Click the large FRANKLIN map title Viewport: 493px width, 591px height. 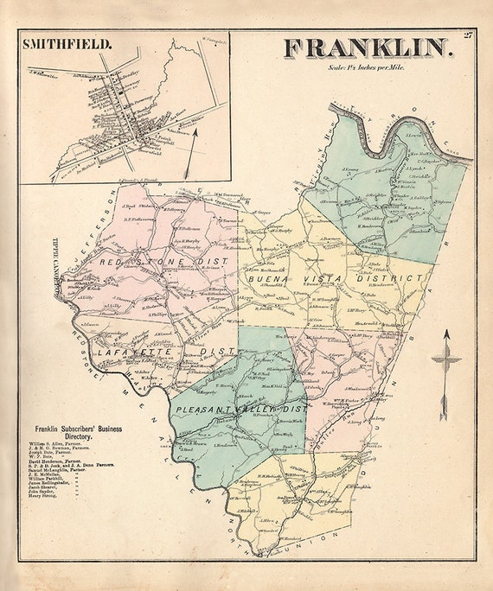point(367,48)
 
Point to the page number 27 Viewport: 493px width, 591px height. point(468,35)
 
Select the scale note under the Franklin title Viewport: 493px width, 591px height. point(367,67)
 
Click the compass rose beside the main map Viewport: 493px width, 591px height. point(445,362)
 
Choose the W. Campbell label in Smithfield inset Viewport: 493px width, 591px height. point(213,40)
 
